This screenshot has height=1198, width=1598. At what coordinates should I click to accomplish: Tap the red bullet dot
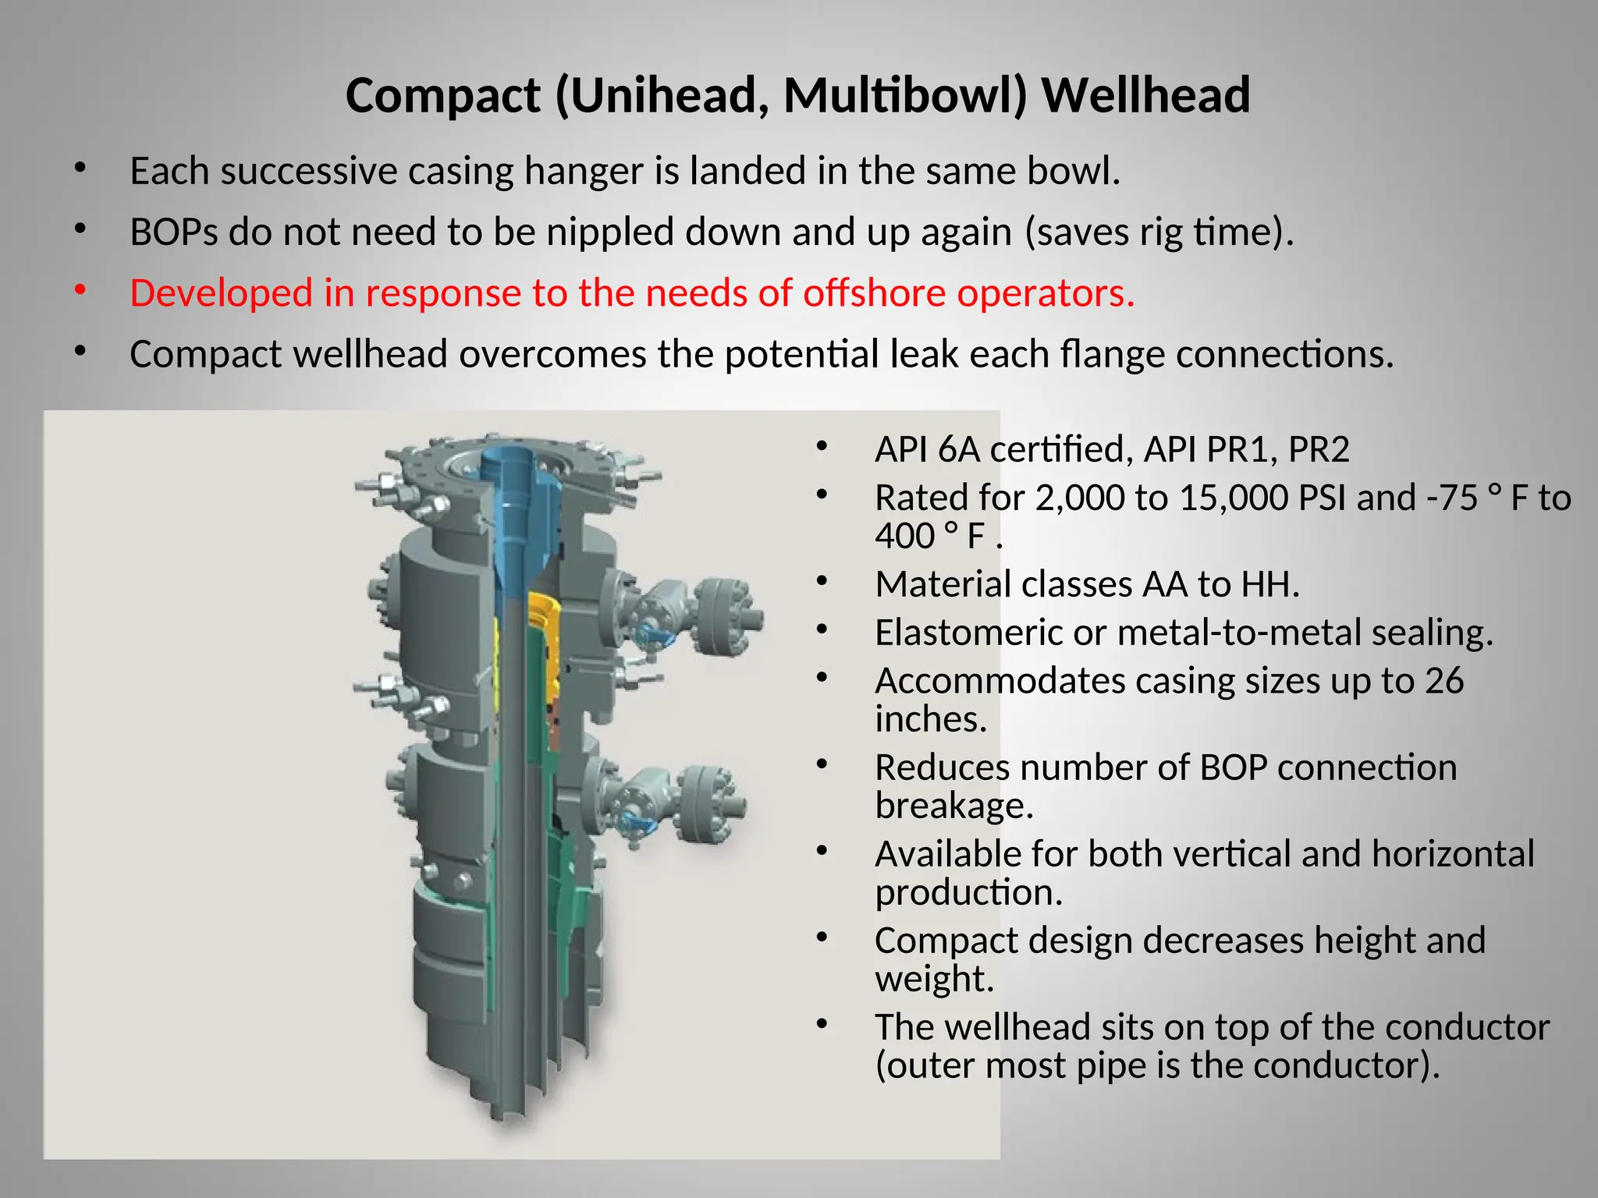click(x=80, y=290)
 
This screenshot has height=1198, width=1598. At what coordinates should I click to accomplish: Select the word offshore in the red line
click(x=875, y=293)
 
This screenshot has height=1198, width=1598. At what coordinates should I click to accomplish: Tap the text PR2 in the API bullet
click(x=1318, y=449)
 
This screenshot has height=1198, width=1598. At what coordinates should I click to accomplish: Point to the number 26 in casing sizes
click(x=1444, y=681)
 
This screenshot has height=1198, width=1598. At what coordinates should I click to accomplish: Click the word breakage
click(x=953, y=806)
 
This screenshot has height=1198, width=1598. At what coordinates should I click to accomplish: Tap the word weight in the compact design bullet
click(x=934, y=979)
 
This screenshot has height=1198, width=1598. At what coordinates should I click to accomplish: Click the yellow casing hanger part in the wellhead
click(x=543, y=632)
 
